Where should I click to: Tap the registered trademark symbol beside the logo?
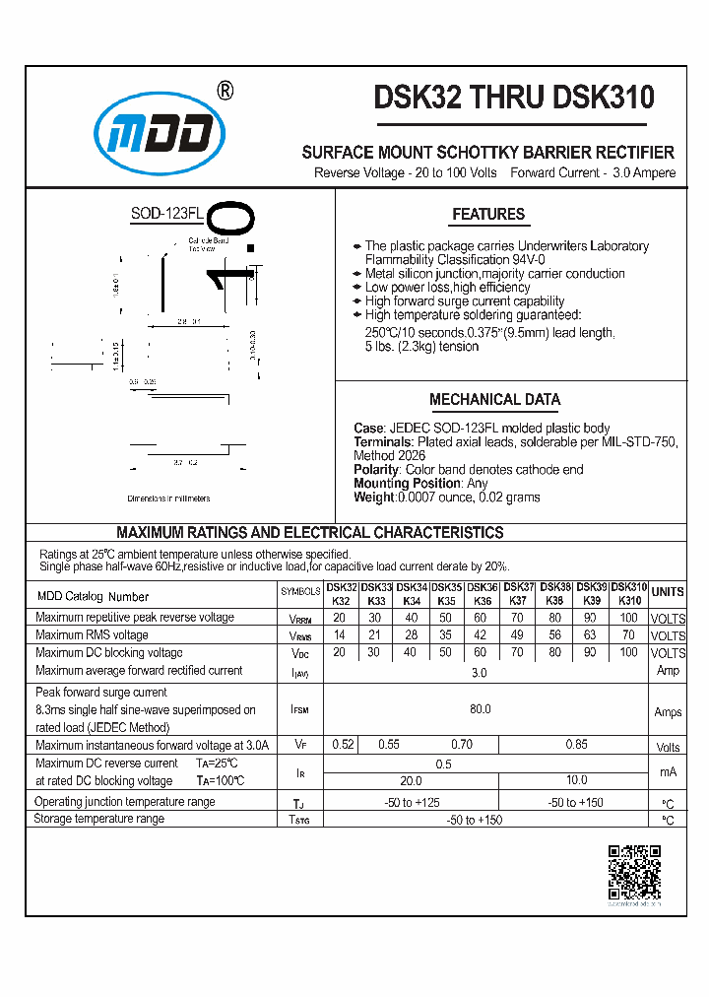pos(225,91)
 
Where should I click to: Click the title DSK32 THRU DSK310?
pos(513,98)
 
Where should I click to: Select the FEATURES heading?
pos(488,214)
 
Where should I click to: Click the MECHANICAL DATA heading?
pos(494,400)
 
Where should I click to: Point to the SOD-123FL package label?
pos(166,214)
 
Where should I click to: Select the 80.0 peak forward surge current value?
pos(481,709)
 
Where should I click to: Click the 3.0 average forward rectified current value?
pos(481,672)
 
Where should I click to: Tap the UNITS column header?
pos(668,592)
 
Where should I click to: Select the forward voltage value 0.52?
pos(343,746)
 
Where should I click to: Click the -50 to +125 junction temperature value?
pos(412,802)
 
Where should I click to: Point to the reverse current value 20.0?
pos(412,780)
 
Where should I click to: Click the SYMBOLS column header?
pos(300,592)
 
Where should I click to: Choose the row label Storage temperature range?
pos(99,819)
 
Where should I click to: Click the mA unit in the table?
pos(668,771)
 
